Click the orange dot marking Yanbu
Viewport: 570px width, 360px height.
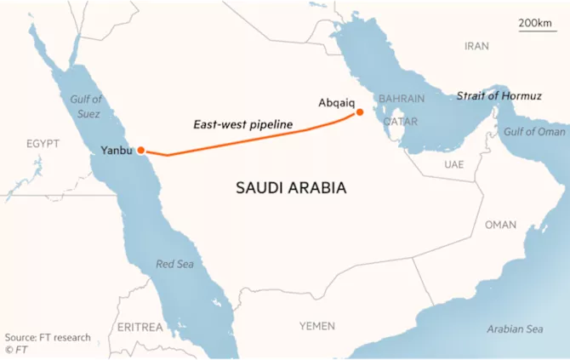coord(141,151)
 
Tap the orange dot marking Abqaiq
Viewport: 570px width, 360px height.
coord(360,112)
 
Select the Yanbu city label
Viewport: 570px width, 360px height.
coord(117,151)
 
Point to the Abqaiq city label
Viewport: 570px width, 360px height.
coord(335,102)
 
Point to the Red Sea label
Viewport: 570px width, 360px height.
coord(174,265)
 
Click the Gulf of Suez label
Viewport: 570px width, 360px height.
coord(85,106)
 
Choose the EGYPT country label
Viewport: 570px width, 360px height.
coord(43,144)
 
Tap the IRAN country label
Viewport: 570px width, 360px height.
coord(477,46)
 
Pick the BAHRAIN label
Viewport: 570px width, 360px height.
coord(402,99)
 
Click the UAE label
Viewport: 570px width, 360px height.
coord(453,164)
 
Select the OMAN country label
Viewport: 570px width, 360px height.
coord(500,225)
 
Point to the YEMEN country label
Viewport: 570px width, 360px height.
coord(317,326)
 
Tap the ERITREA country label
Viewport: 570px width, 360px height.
coord(140,327)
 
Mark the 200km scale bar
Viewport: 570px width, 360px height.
coord(536,27)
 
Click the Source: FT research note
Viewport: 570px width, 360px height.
coord(48,337)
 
